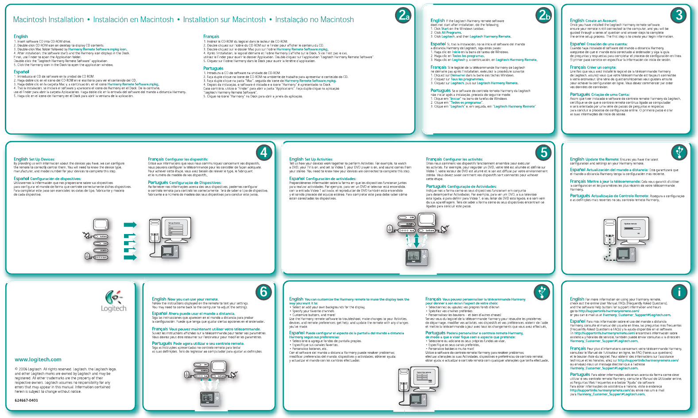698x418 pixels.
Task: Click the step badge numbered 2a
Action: tap(403, 16)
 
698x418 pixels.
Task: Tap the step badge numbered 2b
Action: tap(543, 16)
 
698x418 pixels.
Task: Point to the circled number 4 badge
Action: tap(264, 152)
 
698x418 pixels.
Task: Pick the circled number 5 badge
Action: tap(543, 152)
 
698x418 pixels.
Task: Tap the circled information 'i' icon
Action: tap(679, 292)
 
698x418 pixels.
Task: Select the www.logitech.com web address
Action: tap(38, 359)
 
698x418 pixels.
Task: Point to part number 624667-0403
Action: tap(26, 400)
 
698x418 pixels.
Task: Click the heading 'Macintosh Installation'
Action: tap(48, 20)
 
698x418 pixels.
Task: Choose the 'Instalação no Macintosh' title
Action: tap(314, 20)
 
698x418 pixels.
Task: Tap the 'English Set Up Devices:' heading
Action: tap(34, 159)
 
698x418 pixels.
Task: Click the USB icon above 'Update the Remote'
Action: tap(679, 152)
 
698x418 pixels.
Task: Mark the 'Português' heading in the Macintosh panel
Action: tap(213, 68)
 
